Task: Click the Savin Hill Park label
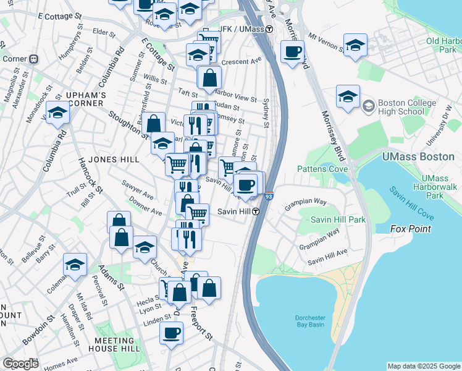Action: (337, 220)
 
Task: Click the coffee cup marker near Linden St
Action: (171, 333)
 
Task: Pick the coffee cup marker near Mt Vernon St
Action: (292, 51)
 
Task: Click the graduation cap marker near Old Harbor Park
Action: (355, 45)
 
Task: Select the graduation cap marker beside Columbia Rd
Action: (57, 113)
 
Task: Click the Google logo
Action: (20, 364)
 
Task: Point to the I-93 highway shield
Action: (268, 196)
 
